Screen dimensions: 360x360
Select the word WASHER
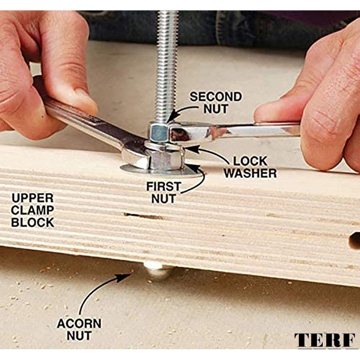(250, 173)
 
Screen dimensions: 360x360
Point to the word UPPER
(32, 198)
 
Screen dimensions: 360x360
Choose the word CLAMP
(32, 210)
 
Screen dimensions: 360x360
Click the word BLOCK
(32, 222)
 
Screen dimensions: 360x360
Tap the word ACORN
(79, 324)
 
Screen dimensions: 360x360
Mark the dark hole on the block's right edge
(355, 240)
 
